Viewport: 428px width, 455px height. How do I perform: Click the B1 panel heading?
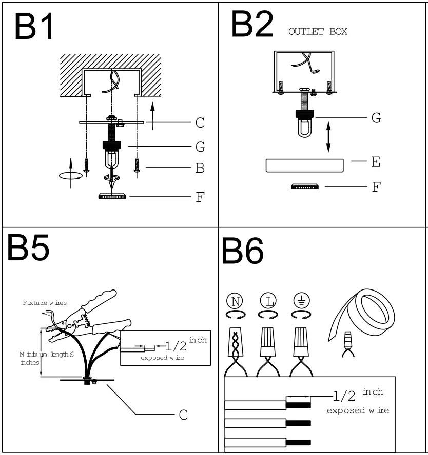tap(34, 27)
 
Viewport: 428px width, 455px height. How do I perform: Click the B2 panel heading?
tap(252, 24)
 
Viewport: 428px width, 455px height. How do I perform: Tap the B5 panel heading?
tap(28, 249)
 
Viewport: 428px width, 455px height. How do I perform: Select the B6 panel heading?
tap(242, 252)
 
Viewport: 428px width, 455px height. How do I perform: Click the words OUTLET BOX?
tap(318, 32)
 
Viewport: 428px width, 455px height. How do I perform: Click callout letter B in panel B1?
tap(200, 168)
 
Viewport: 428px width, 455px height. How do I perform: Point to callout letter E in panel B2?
tap(376, 162)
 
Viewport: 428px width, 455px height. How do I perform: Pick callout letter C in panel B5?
tap(183, 415)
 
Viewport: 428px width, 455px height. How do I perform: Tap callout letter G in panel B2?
tap(376, 118)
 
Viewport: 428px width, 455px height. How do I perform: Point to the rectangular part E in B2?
tap(304, 166)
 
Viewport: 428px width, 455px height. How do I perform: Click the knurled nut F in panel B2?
tap(304, 187)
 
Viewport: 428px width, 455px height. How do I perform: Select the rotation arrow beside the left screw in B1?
tap(71, 175)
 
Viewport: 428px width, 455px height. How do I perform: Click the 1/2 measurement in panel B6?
tap(343, 396)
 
